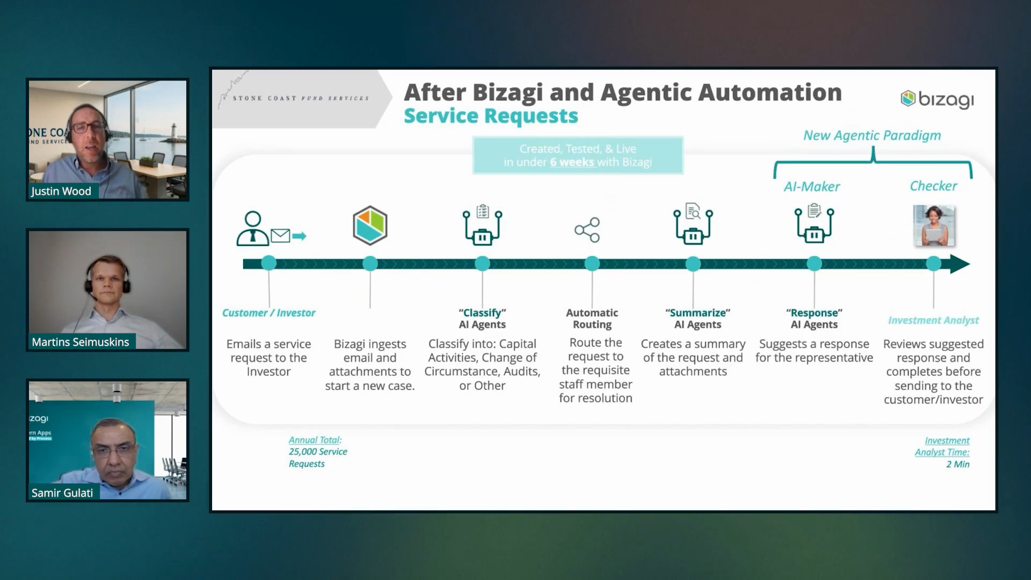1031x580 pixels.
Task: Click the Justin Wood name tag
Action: click(61, 191)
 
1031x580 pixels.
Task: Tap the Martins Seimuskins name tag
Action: click(81, 342)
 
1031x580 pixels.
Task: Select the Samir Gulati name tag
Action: click(62, 493)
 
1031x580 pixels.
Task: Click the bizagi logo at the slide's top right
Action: click(937, 99)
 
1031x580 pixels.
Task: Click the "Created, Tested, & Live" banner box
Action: click(578, 156)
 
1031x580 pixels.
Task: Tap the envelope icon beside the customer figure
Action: click(280, 235)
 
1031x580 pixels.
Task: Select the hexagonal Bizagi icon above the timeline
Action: click(370, 226)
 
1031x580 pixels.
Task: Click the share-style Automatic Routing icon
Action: click(587, 230)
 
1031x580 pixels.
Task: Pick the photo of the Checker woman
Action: click(934, 226)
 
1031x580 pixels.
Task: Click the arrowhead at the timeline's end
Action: click(960, 264)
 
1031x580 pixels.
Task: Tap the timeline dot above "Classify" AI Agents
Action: click(482, 264)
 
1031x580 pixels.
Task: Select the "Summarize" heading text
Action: click(698, 313)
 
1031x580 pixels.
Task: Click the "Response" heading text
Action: click(814, 313)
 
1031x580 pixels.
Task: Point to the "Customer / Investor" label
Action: click(268, 313)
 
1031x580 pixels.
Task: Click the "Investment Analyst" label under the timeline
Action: click(933, 320)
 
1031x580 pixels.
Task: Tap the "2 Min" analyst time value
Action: click(957, 465)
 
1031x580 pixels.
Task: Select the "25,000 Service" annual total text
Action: click(318, 452)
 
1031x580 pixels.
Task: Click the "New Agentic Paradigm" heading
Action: click(872, 135)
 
